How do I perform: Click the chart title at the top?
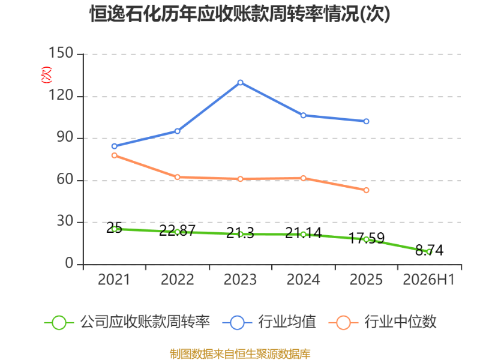(x=240, y=14)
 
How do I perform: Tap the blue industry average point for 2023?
(x=241, y=83)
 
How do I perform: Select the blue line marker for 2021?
(x=115, y=146)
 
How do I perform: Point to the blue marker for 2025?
(x=366, y=122)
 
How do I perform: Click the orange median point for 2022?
(x=177, y=177)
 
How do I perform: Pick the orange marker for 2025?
(x=366, y=190)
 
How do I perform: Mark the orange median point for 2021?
(x=115, y=155)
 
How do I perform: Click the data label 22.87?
(x=177, y=230)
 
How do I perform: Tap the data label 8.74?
(x=429, y=250)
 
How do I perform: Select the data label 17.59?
(x=367, y=238)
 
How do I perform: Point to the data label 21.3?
(x=241, y=233)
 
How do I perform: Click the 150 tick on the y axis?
(x=61, y=53)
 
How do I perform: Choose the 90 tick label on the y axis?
(x=65, y=137)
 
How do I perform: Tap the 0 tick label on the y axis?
(x=69, y=263)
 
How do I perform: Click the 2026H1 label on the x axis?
(x=428, y=280)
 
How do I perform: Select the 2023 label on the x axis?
(x=241, y=280)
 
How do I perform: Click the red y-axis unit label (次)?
(x=46, y=74)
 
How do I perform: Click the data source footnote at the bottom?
(x=240, y=354)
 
